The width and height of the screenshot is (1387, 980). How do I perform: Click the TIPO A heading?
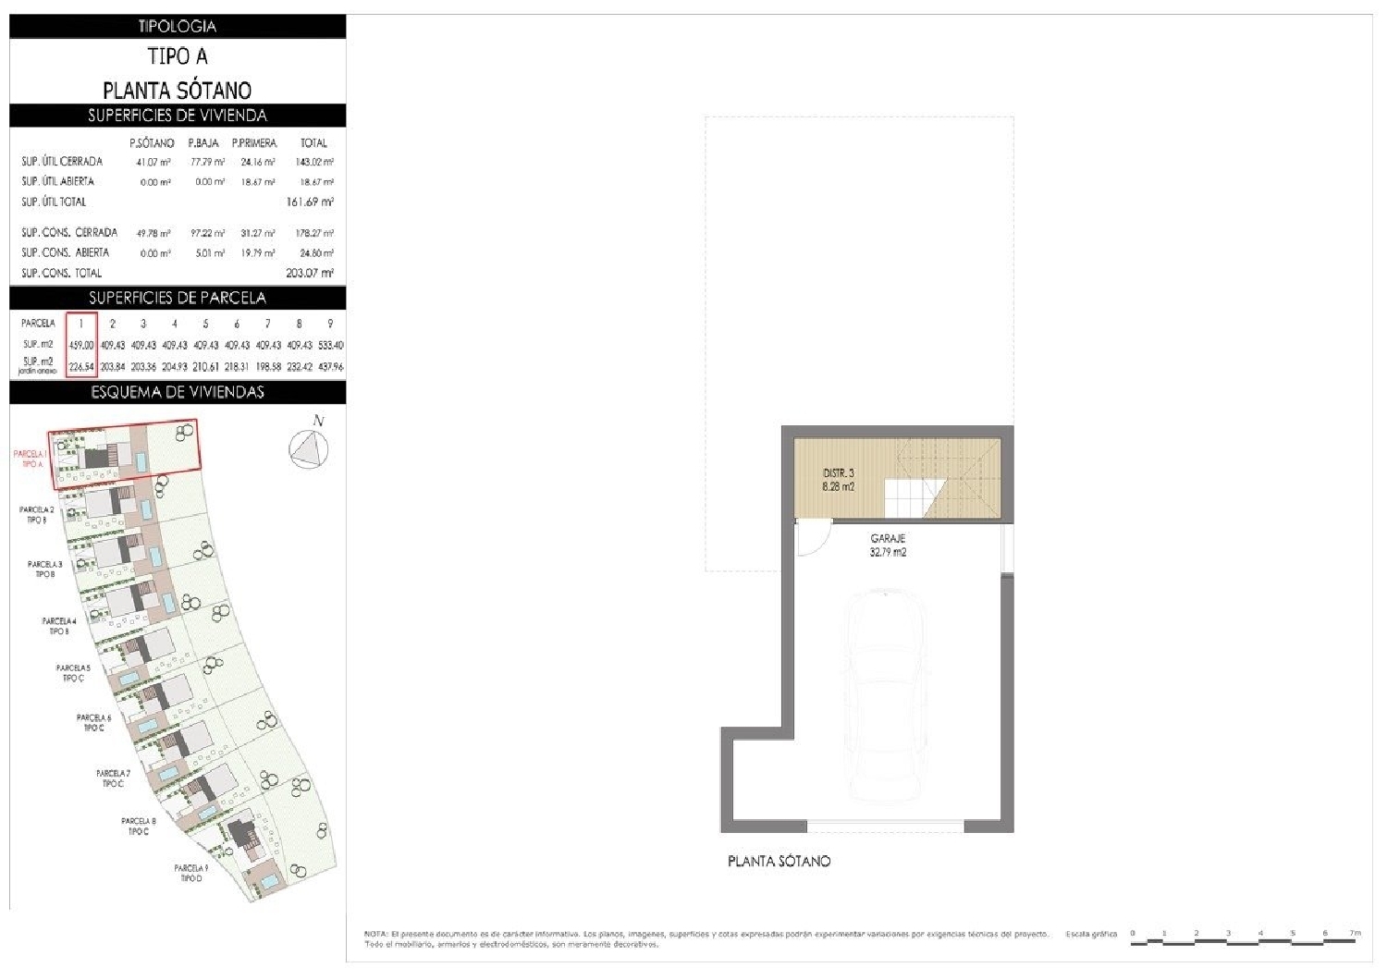click(178, 56)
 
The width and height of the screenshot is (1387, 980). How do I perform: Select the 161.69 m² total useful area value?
click(310, 202)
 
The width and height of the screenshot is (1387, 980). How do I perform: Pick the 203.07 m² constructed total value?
click(310, 273)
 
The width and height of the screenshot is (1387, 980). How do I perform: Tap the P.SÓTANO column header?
click(152, 143)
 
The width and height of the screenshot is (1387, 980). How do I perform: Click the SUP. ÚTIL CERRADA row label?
click(62, 162)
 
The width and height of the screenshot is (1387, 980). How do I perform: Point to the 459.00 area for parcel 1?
click(81, 345)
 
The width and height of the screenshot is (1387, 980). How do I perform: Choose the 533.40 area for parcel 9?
click(330, 345)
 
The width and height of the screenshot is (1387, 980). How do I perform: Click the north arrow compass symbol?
click(309, 449)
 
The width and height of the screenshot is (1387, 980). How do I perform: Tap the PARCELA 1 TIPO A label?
click(31, 459)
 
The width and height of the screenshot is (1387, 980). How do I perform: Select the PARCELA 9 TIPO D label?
click(191, 874)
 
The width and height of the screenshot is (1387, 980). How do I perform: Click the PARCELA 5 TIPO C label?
click(73, 673)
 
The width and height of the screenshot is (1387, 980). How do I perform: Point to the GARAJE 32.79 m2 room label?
click(888, 545)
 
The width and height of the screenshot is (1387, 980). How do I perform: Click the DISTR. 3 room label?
click(839, 479)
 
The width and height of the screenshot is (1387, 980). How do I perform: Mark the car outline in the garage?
click(886, 693)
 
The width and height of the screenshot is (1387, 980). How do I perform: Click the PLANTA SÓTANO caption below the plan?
click(779, 862)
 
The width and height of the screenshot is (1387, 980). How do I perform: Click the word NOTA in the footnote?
click(374, 935)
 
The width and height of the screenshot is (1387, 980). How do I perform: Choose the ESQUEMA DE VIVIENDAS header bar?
click(178, 392)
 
